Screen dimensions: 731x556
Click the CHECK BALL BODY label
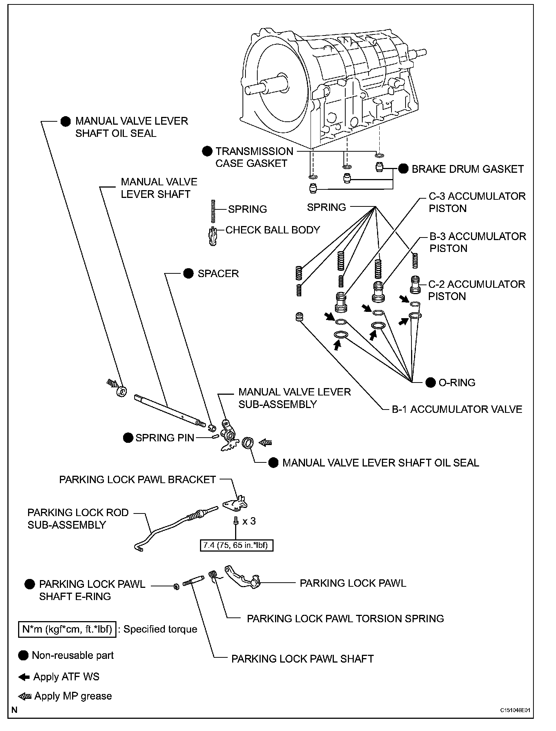pos(272,230)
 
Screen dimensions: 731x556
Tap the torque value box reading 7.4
pos(236,545)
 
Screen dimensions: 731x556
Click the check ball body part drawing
pos(213,237)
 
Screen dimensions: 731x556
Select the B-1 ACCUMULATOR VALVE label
pos(457,409)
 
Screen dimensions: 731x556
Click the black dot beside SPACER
pos(189,273)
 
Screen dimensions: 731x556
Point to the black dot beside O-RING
pos(431,383)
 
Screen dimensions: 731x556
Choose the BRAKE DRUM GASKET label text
pos(468,169)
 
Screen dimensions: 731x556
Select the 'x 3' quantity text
pos(249,521)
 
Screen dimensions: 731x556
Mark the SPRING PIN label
pos(165,438)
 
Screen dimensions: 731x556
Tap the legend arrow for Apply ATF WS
pos(24,677)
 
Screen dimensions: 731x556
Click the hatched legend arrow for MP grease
pos(25,696)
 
